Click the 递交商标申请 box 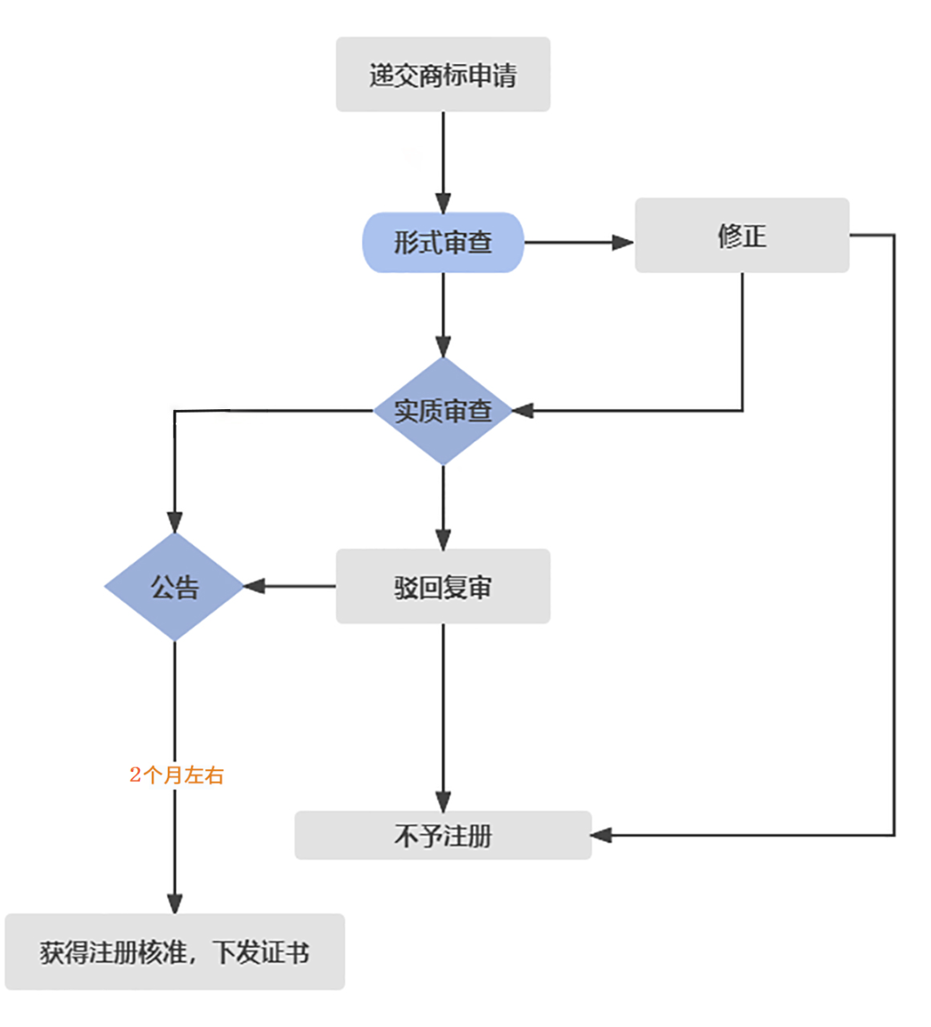(442, 75)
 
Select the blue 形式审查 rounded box (442, 242)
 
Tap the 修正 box (741, 235)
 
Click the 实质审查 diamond (442, 411)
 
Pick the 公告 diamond (174, 587)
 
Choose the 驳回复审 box (442, 587)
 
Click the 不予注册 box (442, 835)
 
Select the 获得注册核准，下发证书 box (174, 952)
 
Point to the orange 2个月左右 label (177, 775)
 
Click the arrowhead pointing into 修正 (622, 242)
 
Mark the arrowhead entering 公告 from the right (254, 587)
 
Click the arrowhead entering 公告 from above (175, 522)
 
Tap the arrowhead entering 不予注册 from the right (602, 835)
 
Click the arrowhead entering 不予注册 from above (442, 800)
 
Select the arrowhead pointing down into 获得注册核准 (175, 902)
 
